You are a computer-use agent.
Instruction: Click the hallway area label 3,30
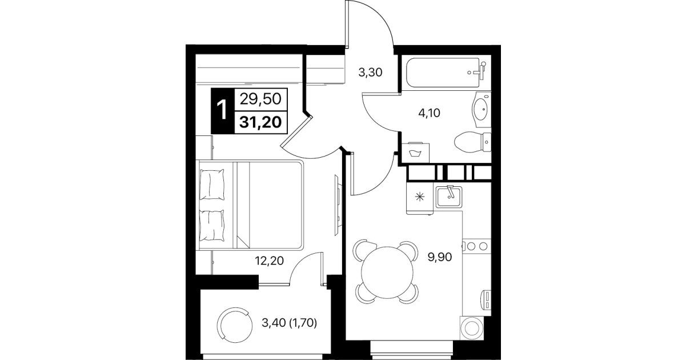(x=370, y=73)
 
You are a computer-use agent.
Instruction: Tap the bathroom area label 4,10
(x=429, y=113)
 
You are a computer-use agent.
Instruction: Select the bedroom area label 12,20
(x=269, y=261)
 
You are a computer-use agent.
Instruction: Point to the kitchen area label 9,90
(x=440, y=257)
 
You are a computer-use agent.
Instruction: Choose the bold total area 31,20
(x=260, y=122)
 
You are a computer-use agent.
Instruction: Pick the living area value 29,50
(x=260, y=99)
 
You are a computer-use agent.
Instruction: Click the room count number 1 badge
(x=222, y=111)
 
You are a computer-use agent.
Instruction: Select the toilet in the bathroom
(x=472, y=142)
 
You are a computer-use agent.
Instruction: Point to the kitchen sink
(x=450, y=197)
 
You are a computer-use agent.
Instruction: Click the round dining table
(x=387, y=273)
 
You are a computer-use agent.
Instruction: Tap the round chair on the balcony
(x=235, y=325)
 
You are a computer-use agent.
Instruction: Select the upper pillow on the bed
(x=212, y=185)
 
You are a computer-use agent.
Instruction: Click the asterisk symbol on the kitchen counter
(x=420, y=197)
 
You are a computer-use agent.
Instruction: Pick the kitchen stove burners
(x=477, y=246)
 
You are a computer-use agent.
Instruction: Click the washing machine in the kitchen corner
(x=472, y=328)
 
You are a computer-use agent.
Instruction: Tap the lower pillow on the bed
(x=212, y=225)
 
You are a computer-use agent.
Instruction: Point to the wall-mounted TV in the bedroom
(x=338, y=205)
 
